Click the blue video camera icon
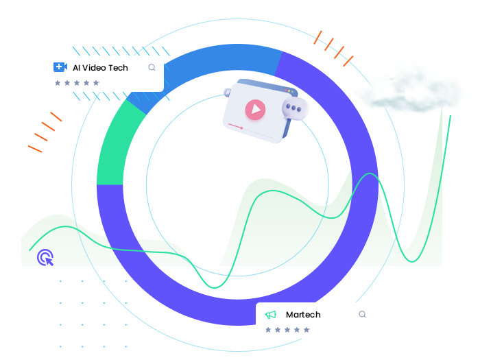(x=60, y=67)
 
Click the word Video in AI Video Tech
(x=95, y=68)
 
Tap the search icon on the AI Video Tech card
(x=152, y=67)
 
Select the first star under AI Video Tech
(x=58, y=83)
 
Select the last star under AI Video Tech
(x=96, y=83)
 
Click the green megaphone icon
(x=271, y=315)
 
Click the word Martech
(x=303, y=315)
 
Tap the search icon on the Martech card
(x=362, y=314)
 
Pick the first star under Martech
(x=268, y=330)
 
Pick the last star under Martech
(x=307, y=330)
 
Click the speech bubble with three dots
(x=295, y=109)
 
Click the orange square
(x=333, y=48)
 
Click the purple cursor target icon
(x=45, y=257)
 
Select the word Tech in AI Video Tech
(x=119, y=68)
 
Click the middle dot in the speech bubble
(x=295, y=108)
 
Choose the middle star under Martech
(x=287, y=330)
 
